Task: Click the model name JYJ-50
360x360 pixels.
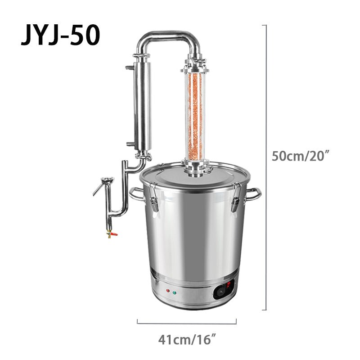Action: pos(60,36)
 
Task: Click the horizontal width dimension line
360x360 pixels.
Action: pos(187,322)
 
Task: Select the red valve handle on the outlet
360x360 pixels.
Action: pos(114,234)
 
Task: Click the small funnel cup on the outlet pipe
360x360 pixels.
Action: pos(107,181)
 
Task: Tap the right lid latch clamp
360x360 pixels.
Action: pos(235,198)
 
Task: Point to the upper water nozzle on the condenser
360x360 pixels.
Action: pos(130,67)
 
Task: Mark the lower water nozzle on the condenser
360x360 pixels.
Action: pos(130,144)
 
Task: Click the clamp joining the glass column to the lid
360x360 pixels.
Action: pos(195,168)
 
